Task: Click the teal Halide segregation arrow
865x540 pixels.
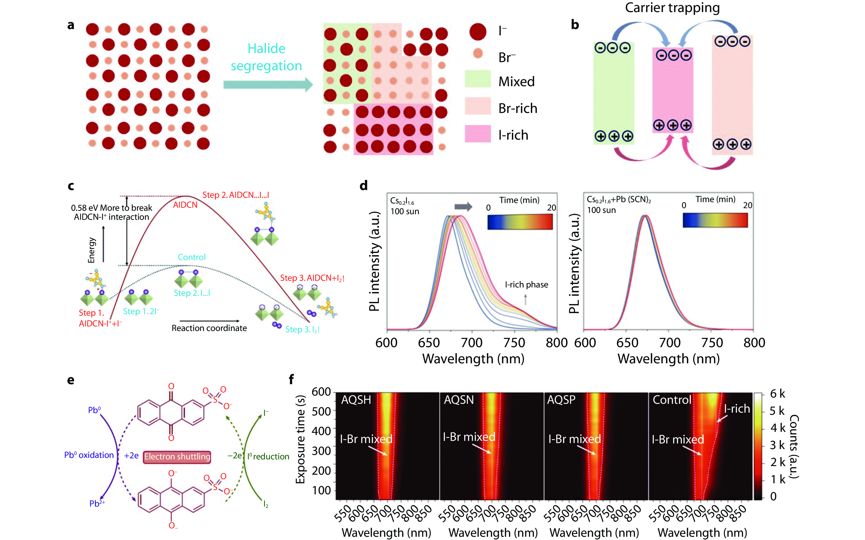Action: pyautogui.click(x=268, y=85)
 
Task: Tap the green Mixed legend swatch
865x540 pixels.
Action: pyautogui.click(x=478, y=79)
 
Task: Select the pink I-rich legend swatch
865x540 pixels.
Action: pyautogui.click(x=478, y=134)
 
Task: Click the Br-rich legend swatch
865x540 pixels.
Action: pyautogui.click(x=478, y=106)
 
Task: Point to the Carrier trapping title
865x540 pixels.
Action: pyautogui.click(x=672, y=8)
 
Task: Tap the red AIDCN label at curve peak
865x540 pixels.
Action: pyautogui.click(x=185, y=205)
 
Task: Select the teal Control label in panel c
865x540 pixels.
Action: pyautogui.click(x=192, y=257)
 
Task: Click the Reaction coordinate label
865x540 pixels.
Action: pyautogui.click(x=209, y=328)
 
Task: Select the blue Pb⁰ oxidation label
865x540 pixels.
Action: pyautogui.click(x=89, y=455)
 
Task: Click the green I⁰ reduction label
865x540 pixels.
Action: pyautogui.click(x=268, y=456)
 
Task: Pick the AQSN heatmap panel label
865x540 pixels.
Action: pyautogui.click(x=459, y=400)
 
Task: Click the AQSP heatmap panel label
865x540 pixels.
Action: pyautogui.click(x=561, y=400)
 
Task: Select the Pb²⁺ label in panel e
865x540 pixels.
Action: pyautogui.click(x=97, y=503)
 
